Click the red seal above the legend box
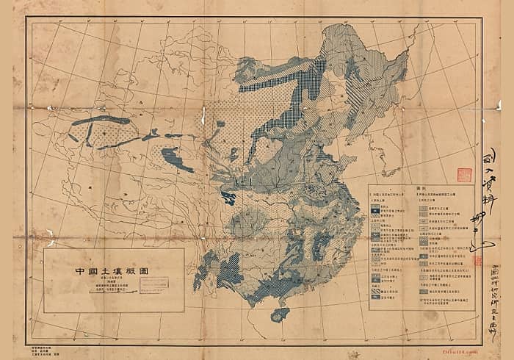pos(464,175)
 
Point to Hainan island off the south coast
pos(280,314)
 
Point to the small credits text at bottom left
pos(44,345)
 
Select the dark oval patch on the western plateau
pos(173,156)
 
